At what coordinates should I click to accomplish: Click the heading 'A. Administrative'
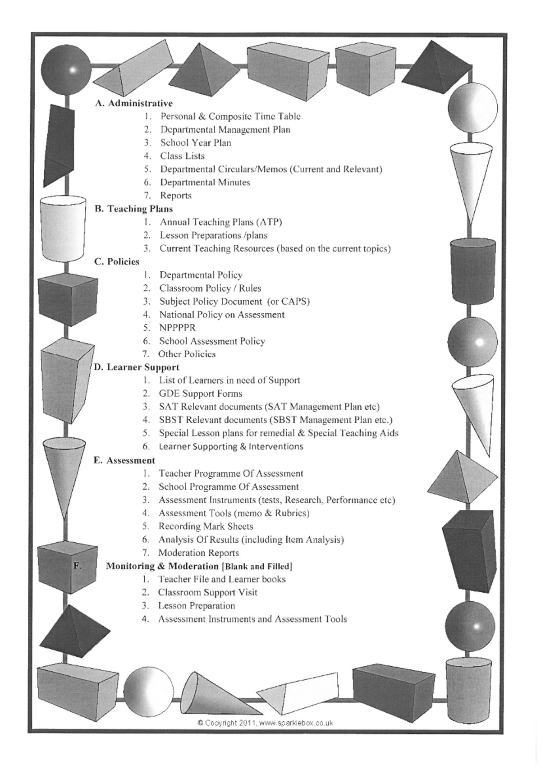133,103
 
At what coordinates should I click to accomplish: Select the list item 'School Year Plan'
195,143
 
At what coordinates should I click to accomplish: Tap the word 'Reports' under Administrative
176,196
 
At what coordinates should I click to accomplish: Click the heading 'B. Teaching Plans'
133,209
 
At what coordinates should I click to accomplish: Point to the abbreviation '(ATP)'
269,222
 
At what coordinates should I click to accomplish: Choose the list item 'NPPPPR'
177,328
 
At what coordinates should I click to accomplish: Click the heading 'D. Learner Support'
136,367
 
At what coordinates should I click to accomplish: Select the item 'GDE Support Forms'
200,394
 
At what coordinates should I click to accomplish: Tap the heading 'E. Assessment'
124,461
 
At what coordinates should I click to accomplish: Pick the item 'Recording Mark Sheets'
206,527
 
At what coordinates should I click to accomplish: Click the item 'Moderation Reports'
198,553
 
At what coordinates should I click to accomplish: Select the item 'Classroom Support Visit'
207,593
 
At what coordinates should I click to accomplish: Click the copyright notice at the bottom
266,723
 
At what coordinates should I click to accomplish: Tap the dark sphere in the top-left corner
66,70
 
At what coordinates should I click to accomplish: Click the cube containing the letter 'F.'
67,569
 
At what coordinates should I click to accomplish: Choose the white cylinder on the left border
63,228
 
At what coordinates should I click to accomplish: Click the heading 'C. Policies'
117,262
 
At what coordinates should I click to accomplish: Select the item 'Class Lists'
182,156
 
